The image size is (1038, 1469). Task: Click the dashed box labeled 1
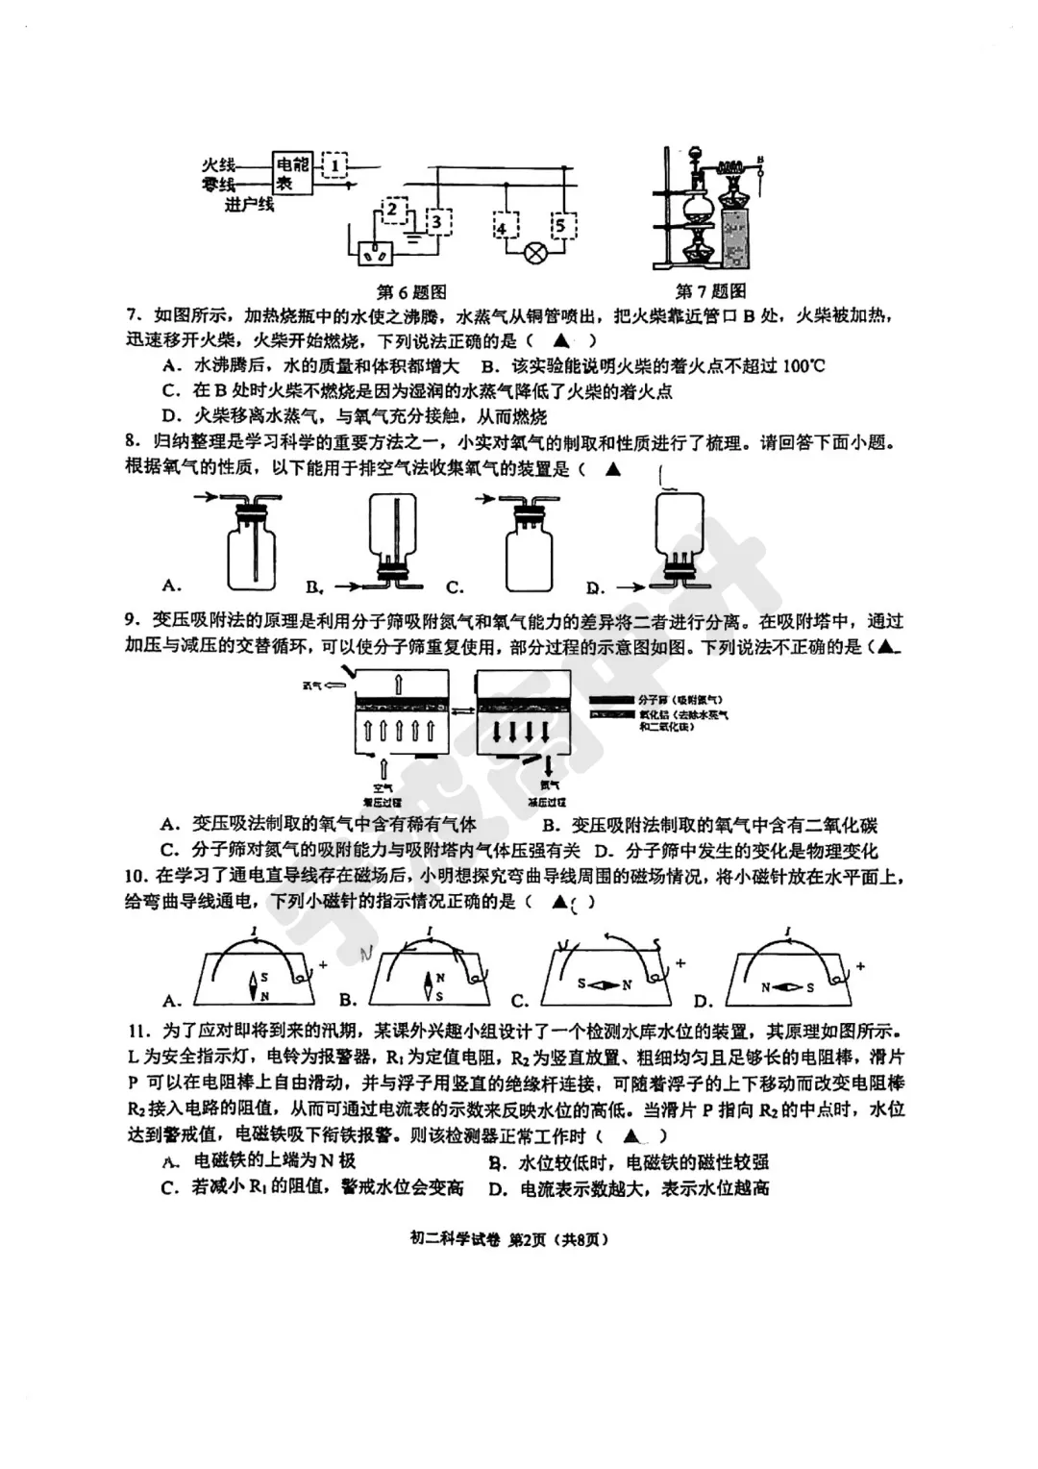(334, 165)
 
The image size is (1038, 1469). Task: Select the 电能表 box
(289, 173)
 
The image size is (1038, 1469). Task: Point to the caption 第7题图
(710, 291)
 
